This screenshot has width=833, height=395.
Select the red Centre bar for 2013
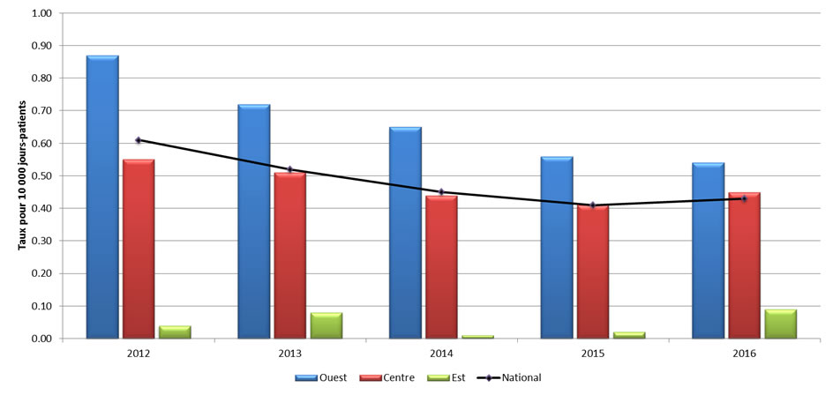pyautogui.click(x=289, y=255)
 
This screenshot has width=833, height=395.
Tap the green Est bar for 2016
pyautogui.click(x=780, y=324)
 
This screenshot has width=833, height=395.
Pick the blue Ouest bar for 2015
pyautogui.click(x=557, y=247)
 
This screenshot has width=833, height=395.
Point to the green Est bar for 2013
pyautogui.click(x=326, y=325)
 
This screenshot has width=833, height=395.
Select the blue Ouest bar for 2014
pyautogui.click(x=405, y=233)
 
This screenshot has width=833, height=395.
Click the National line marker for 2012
pyautogui.click(x=139, y=140)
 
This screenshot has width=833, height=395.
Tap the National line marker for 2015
pyautogui.click(x=593, y=205)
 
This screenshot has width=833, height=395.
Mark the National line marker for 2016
pyautogui.click(x=744, y=198)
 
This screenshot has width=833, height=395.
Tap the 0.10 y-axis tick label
pyautogui.click(x=41, y=306)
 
